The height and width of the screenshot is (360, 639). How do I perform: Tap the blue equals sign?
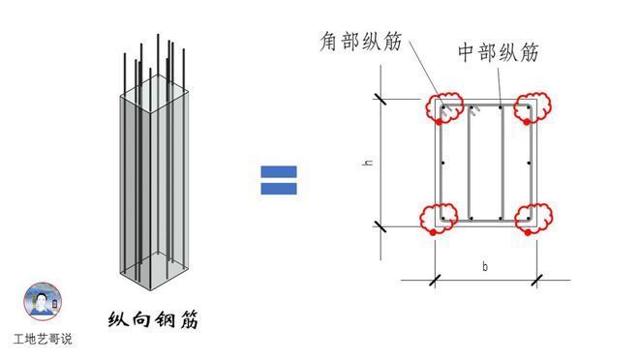[279, 180]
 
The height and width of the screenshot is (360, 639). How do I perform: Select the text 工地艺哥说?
[43, 340]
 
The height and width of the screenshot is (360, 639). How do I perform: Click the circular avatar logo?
[43, 302]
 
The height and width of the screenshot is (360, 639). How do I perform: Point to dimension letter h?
[368, 163]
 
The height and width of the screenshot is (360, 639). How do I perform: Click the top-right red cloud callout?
[531, 107]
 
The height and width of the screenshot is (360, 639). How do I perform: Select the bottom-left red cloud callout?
[441, 218]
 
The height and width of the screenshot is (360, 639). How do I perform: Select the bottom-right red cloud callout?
[531, 218]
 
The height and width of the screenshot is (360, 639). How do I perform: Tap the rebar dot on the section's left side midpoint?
[441, 163]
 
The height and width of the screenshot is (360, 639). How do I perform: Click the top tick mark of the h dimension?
[380, 98]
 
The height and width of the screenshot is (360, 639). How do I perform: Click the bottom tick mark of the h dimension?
[380, 226]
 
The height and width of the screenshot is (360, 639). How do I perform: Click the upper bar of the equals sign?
[279, 171]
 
